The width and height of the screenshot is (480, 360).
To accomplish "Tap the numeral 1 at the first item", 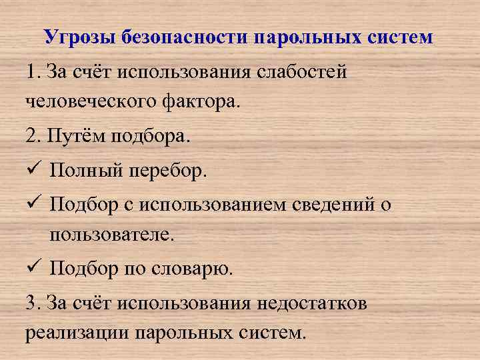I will click(31, 71).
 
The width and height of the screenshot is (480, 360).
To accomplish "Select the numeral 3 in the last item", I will click(31, 303).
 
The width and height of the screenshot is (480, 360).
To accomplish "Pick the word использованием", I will click(216, 206).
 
